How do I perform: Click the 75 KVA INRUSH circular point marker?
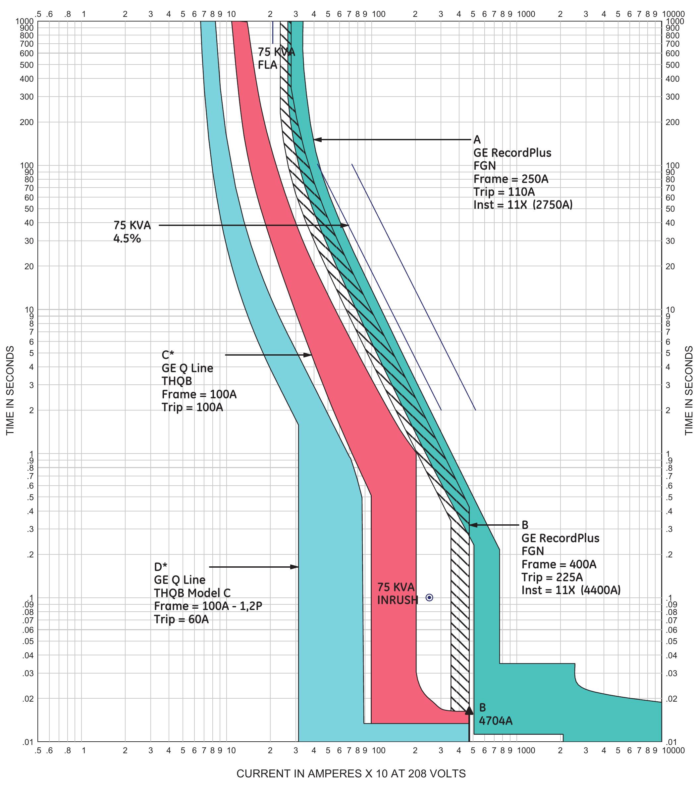coord(429,597)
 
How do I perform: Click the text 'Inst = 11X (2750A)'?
coord(522,205)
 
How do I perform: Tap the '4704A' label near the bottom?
coord(496,721)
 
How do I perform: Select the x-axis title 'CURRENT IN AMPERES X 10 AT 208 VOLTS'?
coord(351,773)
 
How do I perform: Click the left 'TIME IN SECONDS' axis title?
coord(10,390)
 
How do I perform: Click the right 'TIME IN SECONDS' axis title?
coord(688,390)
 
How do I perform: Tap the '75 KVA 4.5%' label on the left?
coord(132,232)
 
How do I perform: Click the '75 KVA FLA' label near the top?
coord(275,58)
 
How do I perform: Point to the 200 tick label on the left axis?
coord(27,122)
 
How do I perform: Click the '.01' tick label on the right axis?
coord(670,742)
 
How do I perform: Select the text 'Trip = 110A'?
coord(504,192)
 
